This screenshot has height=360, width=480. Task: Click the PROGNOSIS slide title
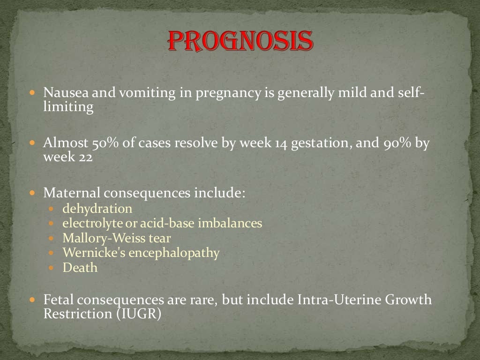[240, 42]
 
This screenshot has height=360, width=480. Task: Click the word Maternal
[71, 193]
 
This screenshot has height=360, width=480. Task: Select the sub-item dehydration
[97, 208]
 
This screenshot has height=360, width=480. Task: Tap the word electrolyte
[92, 223]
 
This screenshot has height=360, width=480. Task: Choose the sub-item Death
[80, 268]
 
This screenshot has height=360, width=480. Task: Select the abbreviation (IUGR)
[139, 314]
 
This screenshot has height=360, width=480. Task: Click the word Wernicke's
[90, 253]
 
